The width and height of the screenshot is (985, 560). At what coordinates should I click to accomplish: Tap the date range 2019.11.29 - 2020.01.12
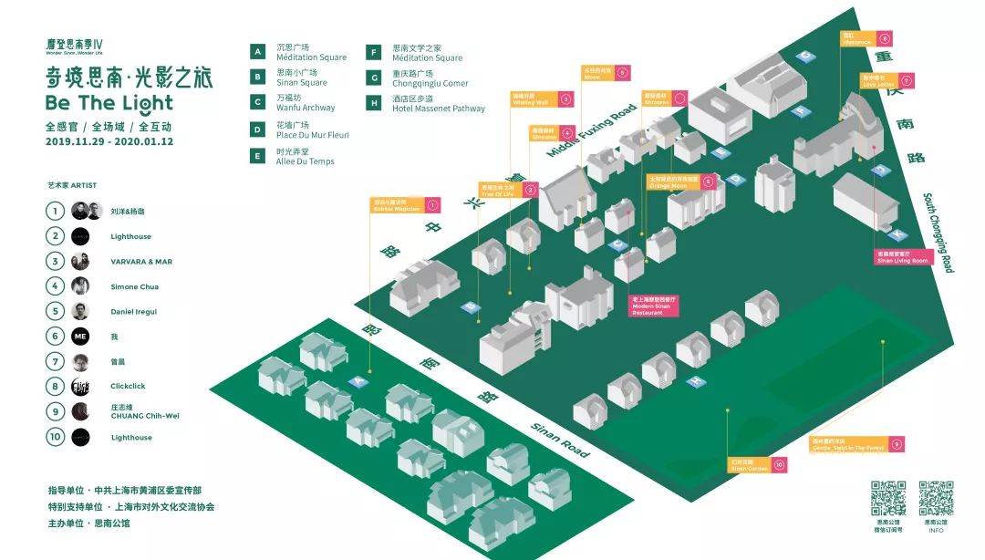click(109, 141)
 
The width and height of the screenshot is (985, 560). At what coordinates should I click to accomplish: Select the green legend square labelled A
click(258, 52)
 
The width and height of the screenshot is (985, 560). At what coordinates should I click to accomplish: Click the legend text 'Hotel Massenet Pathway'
click(438, 109)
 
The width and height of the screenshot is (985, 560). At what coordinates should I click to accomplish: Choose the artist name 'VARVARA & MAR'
click(141, 262)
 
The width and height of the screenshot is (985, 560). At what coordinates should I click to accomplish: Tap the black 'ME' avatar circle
click(80, 337)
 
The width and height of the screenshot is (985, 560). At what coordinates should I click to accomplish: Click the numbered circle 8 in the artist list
click(57, 387)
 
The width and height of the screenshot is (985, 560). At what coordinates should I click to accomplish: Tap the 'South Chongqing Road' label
click(937, 232)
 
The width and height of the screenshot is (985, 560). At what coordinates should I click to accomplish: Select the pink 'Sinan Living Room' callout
click(902, 257)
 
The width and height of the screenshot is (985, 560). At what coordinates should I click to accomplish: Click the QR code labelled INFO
click(936, 499)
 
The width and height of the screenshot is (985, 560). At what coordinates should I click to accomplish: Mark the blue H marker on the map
click(696, 382)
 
